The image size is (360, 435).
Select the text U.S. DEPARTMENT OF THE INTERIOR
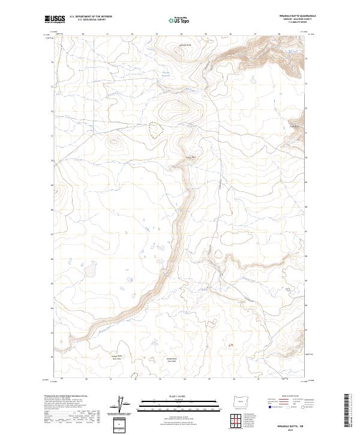pos(91,17)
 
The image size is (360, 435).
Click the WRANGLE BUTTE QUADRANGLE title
pos(297,16)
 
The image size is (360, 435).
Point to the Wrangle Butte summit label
pos(185,45)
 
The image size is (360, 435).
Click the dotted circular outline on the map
pos(155,130)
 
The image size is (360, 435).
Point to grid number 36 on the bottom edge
pos(232,380)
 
